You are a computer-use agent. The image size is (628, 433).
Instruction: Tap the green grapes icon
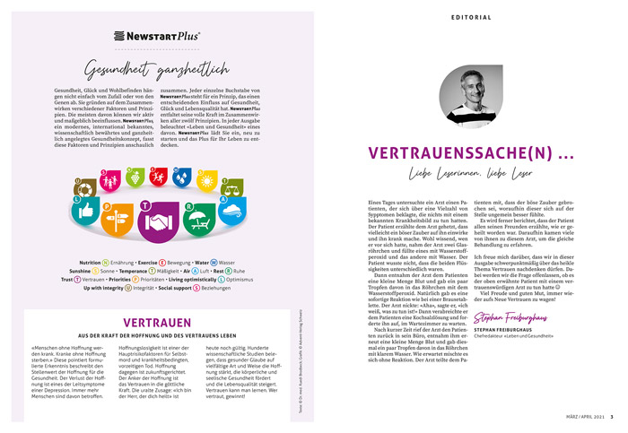point(136,177)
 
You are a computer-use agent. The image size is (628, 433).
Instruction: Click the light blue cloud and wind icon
point(232,212)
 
